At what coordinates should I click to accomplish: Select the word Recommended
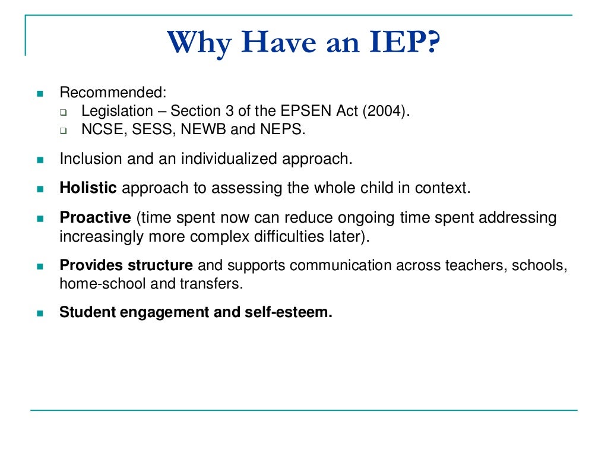click(x=113, y=93)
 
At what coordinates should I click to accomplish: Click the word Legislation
click(x=117, y=111)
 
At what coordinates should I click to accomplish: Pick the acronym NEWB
click(x=202, y=129)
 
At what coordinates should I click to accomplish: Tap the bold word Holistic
click(x=88, y=189)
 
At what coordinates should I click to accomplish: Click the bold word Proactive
click(x=95, y=218)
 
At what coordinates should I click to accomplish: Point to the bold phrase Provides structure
click(x=126, y=265)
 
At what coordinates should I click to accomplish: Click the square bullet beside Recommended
click(x=40, y=94)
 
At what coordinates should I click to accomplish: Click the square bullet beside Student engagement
click(x=40, y=313)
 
